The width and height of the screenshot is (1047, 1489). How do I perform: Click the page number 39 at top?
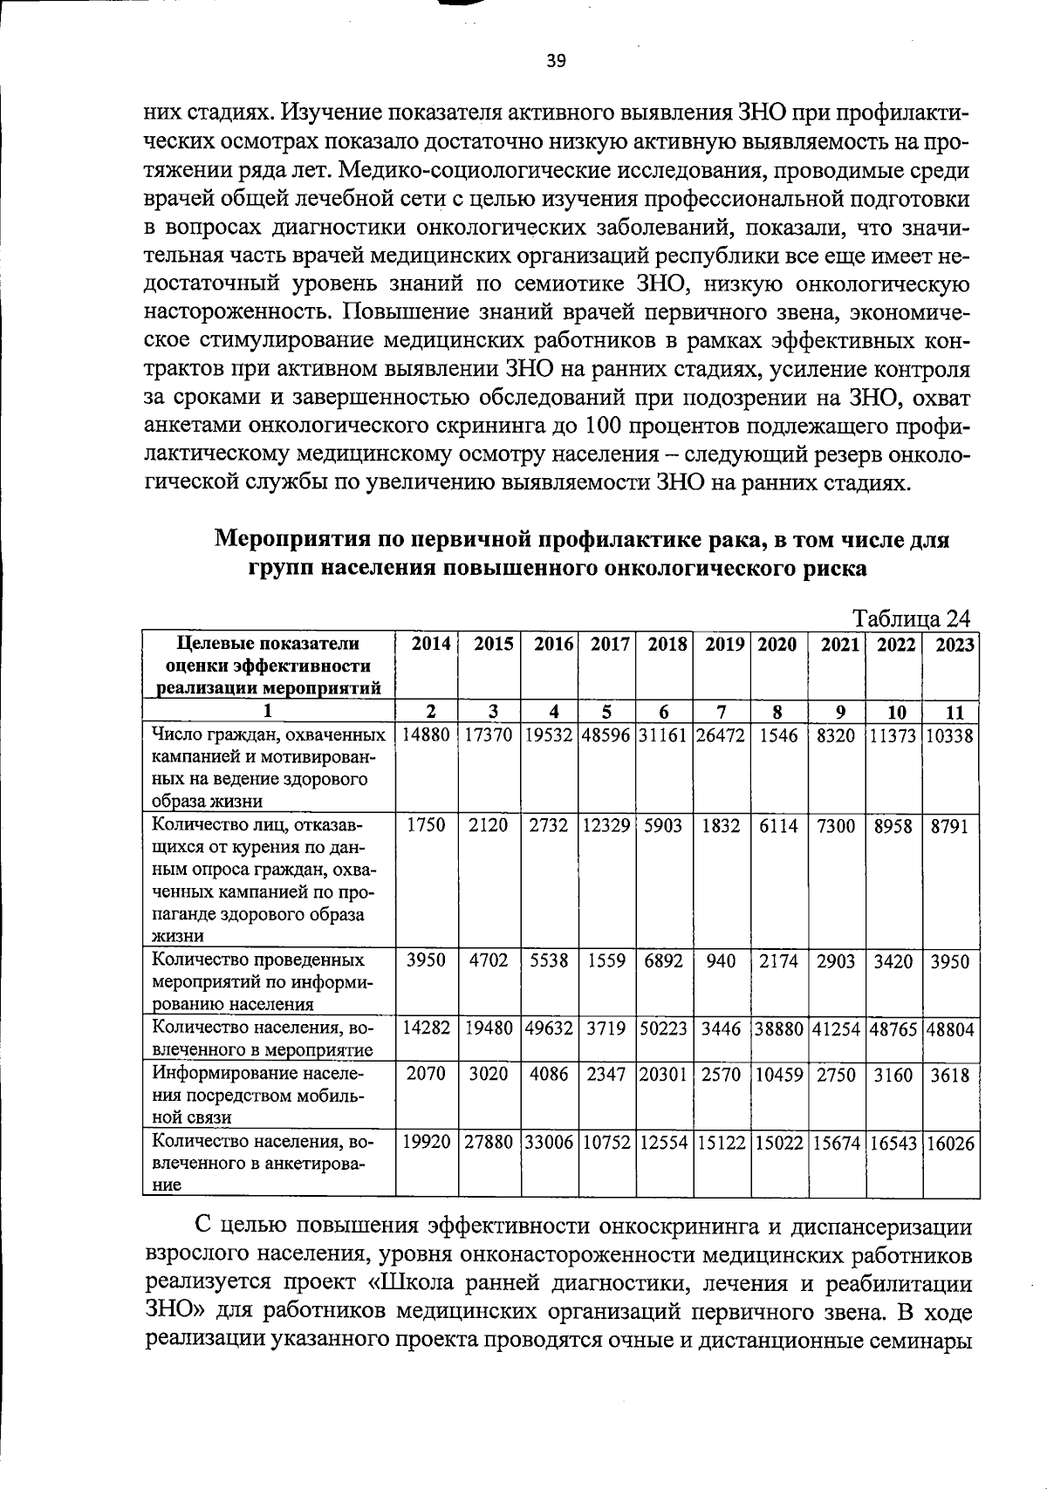556,60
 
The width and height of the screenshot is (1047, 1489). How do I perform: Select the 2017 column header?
610,645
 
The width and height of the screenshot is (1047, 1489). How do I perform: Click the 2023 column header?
953,645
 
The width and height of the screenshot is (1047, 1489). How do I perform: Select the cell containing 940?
721,960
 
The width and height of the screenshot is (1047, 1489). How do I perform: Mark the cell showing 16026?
951,1143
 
